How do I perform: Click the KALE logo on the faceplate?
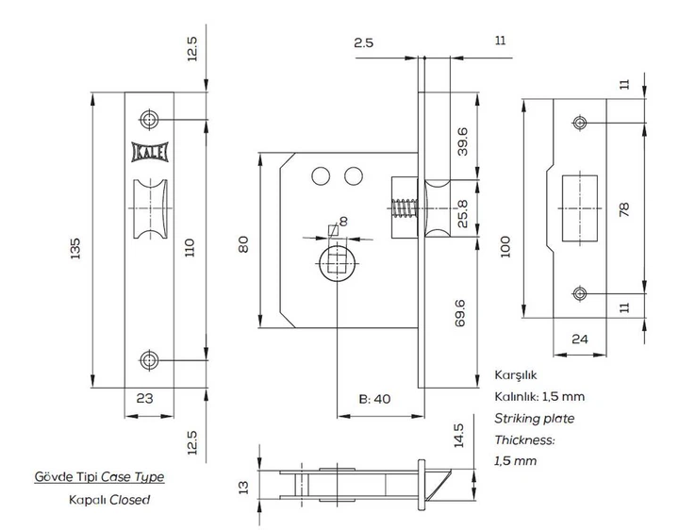pos(149,153)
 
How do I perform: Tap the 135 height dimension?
pos(75,248)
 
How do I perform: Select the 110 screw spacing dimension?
pos(190,248)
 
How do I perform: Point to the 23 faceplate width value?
pos(144,398)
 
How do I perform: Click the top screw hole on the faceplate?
pos(149,120)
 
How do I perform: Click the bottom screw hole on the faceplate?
pos(149,360)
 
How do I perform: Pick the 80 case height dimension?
pos(244,244)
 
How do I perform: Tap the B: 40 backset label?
pos(374,399)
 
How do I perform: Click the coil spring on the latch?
pos(405,208)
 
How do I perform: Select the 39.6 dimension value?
pos(462,141)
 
